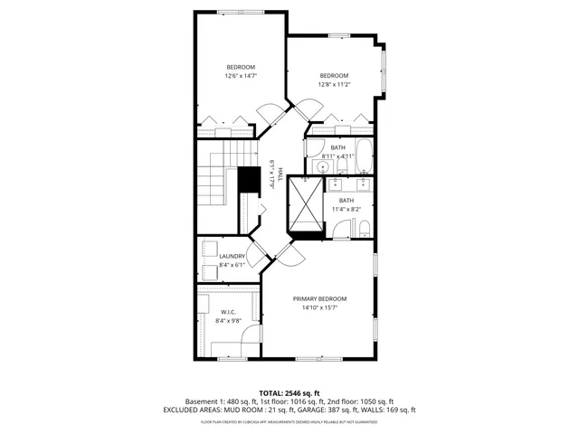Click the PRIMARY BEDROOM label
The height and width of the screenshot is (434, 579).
[319, 298]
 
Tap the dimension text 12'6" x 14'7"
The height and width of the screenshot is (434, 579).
[241, 76]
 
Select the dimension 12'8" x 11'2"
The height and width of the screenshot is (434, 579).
[334, 84]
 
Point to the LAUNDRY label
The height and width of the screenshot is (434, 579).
[233, 256]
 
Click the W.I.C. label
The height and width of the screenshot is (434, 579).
[228, 311]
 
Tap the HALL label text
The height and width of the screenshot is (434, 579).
[280, 174]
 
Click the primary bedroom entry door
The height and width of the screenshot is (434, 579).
[289, 254]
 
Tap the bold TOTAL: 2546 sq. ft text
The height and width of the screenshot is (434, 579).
[289, 392]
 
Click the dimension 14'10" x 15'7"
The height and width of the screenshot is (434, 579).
[319, 307]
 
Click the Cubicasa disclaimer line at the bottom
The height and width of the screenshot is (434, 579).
[289, 421]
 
